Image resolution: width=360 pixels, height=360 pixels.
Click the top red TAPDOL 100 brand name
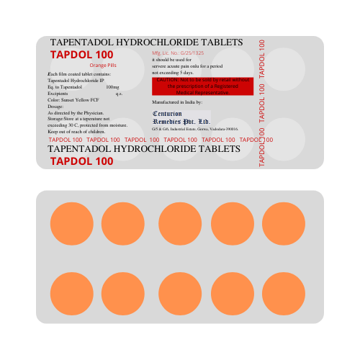(81, 55)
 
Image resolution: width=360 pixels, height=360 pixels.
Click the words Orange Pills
(103, 66)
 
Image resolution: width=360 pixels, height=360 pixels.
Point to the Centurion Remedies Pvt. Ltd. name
(181, 117)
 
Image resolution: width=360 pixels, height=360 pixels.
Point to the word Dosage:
(57, 107)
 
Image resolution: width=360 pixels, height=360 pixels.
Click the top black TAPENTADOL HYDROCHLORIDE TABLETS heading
(146, 43)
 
